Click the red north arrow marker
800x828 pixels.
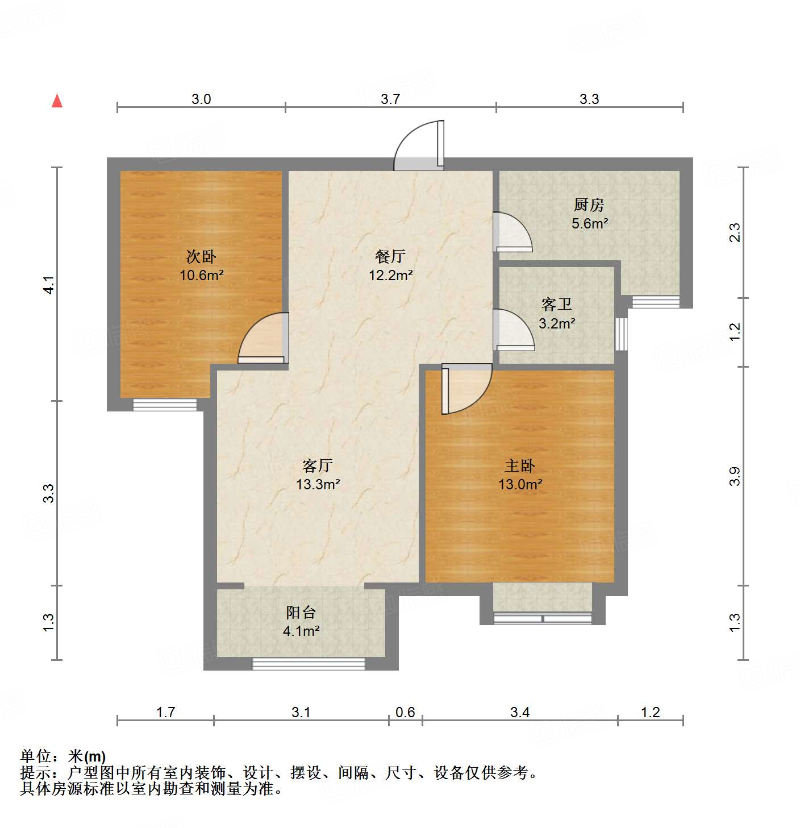[57, 101]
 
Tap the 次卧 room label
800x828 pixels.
[201, 257]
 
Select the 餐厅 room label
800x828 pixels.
[390, 257]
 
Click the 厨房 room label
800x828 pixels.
[589, 205]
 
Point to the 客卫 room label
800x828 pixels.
[556, 305]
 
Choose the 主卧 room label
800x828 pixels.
[520, 466]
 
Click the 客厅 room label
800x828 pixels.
[318, 466]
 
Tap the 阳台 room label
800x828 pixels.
[301, 613]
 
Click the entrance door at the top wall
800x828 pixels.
[419, 147]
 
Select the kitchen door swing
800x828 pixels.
[511, 232]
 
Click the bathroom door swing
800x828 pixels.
[512, 330]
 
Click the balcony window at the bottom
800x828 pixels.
[309, 664]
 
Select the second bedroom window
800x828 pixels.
[165, 405]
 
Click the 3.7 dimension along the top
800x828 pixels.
[390, 99]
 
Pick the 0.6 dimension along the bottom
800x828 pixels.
[405, 712]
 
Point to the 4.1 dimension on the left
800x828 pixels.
[49, 285]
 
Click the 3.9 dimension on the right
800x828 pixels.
[735, 476]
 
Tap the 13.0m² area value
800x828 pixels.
[520, 485]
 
